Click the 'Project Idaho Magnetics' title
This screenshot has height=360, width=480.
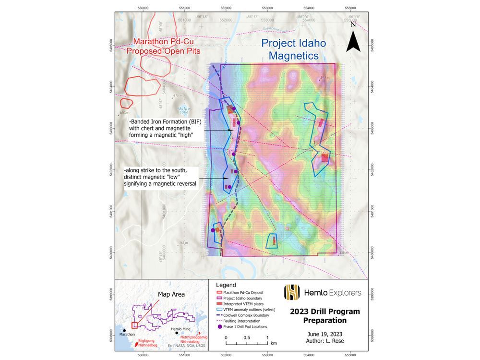pos(293,49)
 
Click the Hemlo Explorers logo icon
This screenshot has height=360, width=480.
pos(292,291)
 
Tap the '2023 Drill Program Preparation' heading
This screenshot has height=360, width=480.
pos(324,316)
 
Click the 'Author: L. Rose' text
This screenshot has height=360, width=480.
pos(324,342)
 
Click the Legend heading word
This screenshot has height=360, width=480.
pos(227,285)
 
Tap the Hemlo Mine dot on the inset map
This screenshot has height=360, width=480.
pos(177,332)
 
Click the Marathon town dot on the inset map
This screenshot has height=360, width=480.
pos(125,331)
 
